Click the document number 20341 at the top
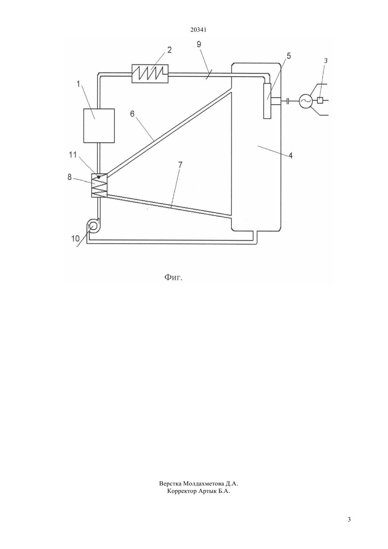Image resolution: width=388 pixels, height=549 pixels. (198, 30)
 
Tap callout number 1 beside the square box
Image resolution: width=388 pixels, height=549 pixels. (78, 84)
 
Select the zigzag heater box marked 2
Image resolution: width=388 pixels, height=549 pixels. (150, 73)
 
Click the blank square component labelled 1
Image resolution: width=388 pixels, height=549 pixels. (99, 126)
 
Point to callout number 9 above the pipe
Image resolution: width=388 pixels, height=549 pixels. (199, 44)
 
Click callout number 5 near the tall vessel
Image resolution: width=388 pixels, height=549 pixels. (289, 56)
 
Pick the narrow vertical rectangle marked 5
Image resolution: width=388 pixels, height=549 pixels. (267, 101)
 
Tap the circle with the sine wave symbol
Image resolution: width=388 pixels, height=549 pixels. (305, 101)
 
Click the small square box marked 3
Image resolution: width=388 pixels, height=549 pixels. (320, 100)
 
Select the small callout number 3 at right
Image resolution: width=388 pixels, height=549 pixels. (326, 61)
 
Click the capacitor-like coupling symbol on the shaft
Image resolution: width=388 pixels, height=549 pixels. (288, 101)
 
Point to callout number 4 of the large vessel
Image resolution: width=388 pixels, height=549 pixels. (290, 156)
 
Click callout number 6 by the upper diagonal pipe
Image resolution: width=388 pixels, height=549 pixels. (132, 114)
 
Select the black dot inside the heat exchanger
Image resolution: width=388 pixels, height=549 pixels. (99, 177)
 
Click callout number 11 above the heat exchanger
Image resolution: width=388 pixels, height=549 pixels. (73, 155)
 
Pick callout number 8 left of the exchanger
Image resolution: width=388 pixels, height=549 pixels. (69, 177)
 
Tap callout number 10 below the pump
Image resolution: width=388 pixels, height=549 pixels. (75, 238)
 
